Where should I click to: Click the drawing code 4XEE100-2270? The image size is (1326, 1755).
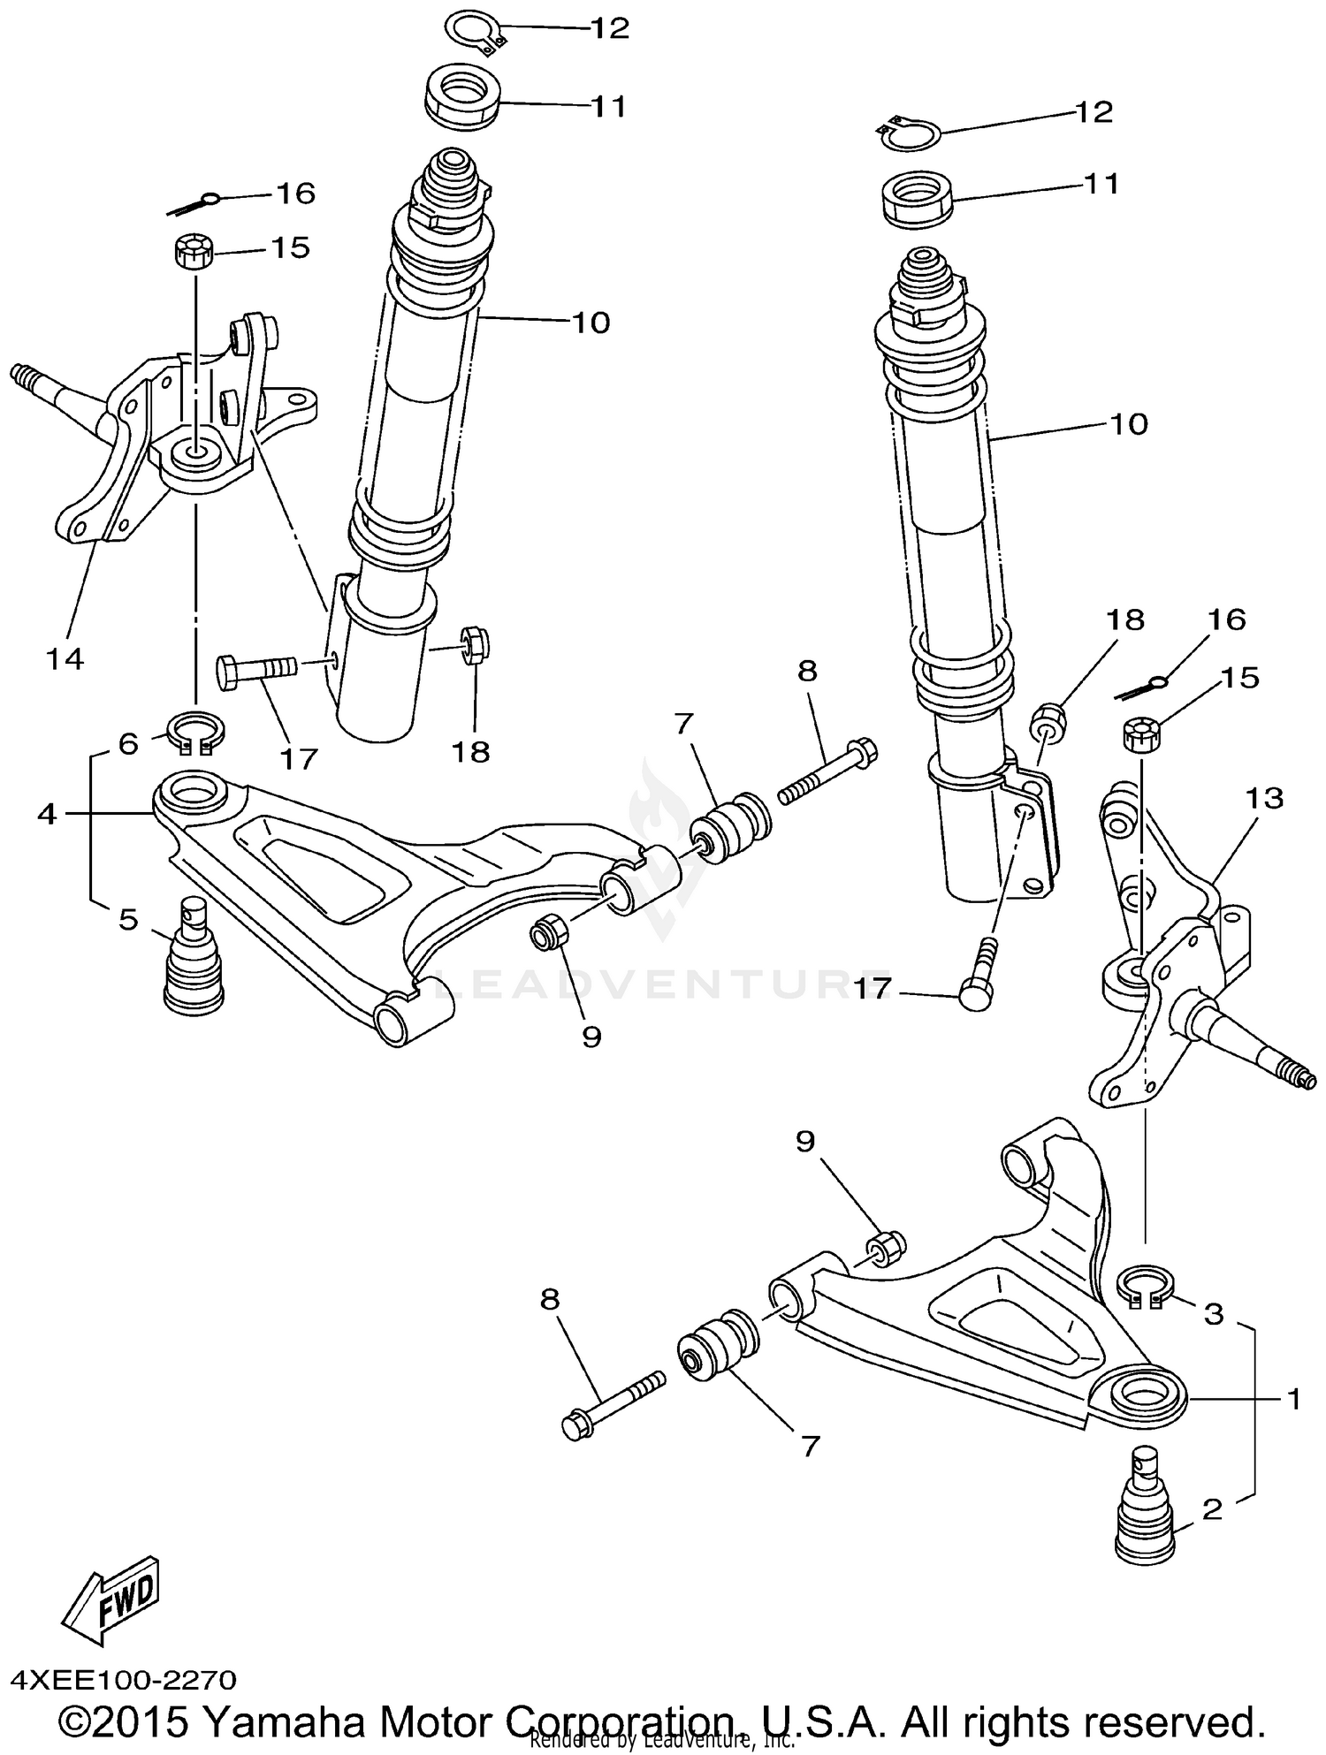click(x=124, y=1678)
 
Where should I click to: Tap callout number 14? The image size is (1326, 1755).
click(x=64, y=658)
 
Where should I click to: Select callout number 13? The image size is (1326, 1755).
click(x=1263, y=798)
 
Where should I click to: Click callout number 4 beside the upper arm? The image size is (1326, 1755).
click(x=47, y=813)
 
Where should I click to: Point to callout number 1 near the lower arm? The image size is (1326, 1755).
click(x=1292, y=1399)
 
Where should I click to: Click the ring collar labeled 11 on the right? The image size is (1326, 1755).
click(x=917, y=199)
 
